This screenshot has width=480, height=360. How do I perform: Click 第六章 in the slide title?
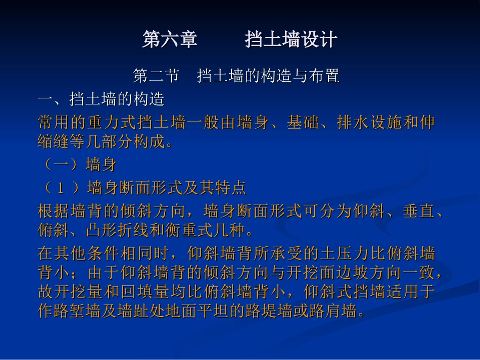169,39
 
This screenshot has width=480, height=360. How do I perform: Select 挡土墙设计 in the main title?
291,39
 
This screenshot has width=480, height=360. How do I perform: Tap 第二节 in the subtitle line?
156,76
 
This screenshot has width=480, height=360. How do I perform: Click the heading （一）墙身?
77,165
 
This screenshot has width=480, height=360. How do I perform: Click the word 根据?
54,211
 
